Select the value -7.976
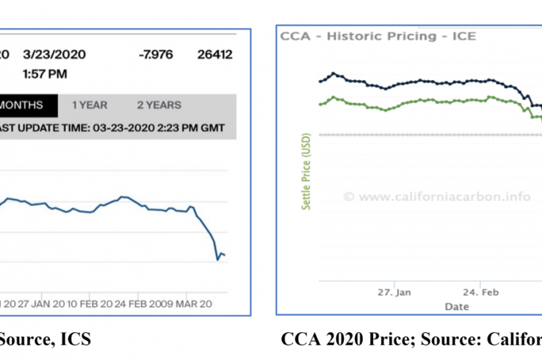(x=156, y=54)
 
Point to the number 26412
(x=213, y=54)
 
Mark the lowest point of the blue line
(x=217, y=259)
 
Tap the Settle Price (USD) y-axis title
(x=306, y=171)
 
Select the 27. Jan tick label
(x=394, y=292)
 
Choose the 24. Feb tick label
(x=480, y=292)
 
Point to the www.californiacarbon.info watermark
(x=437, y=196)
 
